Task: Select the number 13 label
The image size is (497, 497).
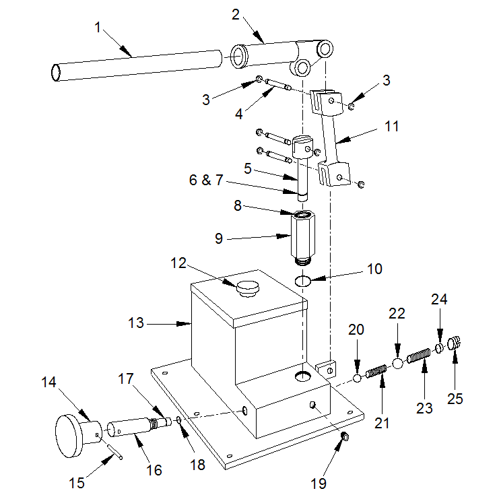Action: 136,323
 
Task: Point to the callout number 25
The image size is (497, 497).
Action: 455,398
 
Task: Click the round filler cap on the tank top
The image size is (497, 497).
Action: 246,289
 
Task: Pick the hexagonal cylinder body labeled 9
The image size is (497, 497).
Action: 304,238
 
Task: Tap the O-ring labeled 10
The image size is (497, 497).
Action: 304,280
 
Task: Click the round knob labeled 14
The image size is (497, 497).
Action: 71,435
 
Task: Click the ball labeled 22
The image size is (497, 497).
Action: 398,363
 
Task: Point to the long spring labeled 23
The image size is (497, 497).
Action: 420,355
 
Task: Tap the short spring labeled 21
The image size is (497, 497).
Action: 376,370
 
